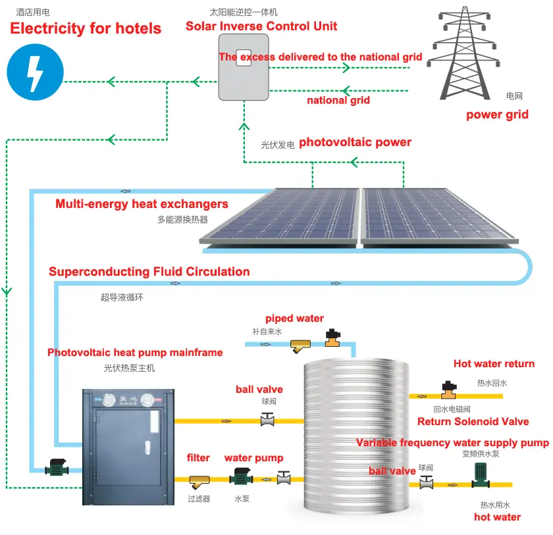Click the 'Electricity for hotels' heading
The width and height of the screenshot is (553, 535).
pyautogui.click(x=86, y=28)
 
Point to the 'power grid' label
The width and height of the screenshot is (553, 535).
pyautogui.click(x=497, y=115)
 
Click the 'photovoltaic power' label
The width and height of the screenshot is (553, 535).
pyautogui.click(x=355, y=142)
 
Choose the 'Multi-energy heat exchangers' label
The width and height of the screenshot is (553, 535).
pyautogui.click(x=142, y=204)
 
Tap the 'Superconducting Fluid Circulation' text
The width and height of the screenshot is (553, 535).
pyautogui.click(x=149, y=272)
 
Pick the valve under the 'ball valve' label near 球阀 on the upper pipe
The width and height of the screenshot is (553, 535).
pyautogui.click(x=267, y=419)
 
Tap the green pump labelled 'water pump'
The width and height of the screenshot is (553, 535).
pyautogui.click(x=240, y=480)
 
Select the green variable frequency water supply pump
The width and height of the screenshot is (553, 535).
pyautogui.click(x=479, y=475)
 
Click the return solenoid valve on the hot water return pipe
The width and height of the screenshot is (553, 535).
pyautogui.click(x=450, y=391)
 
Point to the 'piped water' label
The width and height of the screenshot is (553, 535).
pyautogui.click(x=294, y=318)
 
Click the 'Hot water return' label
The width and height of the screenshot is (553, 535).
pyautogui.click(x=494, y=364)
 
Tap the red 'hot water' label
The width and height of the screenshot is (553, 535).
pyautogui.click(x=497, y=517)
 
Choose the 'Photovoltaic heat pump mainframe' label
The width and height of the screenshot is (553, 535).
pyautogui.click(x=135, y=353)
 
